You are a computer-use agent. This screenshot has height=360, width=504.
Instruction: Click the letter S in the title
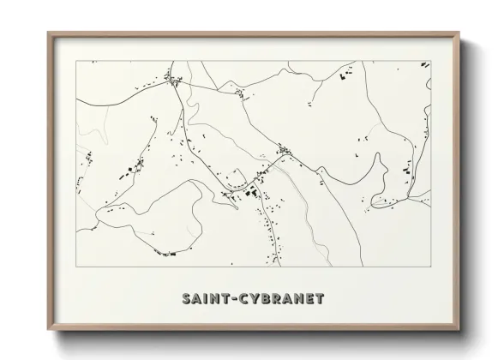[x=187, y=299]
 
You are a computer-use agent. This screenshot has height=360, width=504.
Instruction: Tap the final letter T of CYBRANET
[x=322, y=299]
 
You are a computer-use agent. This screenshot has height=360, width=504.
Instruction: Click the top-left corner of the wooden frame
[x=48, y=33]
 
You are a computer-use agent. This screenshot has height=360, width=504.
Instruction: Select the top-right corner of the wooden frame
[x=460, y=33]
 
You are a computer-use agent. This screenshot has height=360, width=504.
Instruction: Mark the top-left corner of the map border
[x=77, y=61]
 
